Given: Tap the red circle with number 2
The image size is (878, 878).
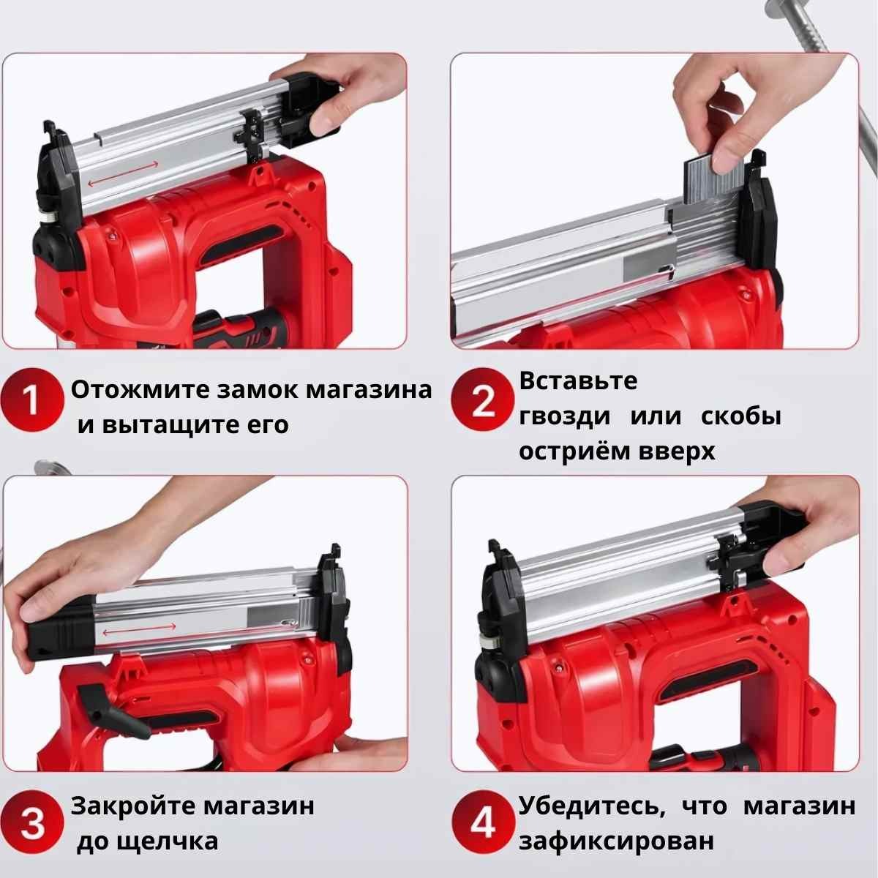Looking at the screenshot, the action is pos(483,399).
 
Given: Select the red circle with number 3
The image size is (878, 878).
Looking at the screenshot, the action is pos(31,823).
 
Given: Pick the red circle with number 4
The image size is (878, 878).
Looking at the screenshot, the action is pos(484,822).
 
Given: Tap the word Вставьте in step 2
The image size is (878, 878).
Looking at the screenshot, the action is pos(578,380).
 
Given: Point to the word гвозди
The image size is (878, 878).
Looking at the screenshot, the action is pos(565,416).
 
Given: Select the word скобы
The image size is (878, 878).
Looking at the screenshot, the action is pos(741,416).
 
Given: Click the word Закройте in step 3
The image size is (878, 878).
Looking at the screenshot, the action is pos(133,806).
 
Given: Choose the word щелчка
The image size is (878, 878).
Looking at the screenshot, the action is pos(168,841).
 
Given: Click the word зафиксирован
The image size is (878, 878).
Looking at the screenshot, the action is pos(616,841).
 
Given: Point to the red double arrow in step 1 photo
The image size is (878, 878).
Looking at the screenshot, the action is pos(123,173).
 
